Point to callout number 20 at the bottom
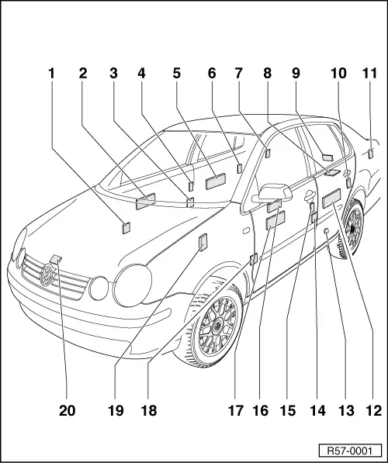coord(68,410)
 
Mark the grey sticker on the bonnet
coord(126,227)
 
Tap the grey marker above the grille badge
coord(56,258)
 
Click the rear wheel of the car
coord(352,227)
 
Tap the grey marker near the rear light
coord(372,152)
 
